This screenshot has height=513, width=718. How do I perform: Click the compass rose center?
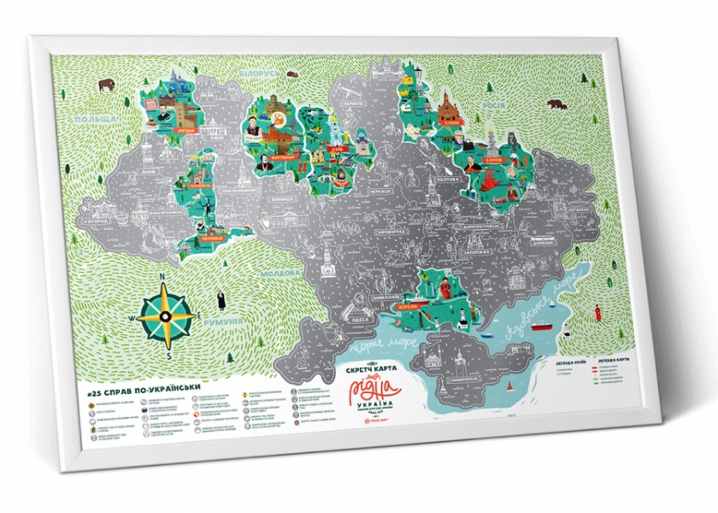164,315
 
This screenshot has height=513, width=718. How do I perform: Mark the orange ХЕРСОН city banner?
405,305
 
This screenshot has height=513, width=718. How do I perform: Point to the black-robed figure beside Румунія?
220,300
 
